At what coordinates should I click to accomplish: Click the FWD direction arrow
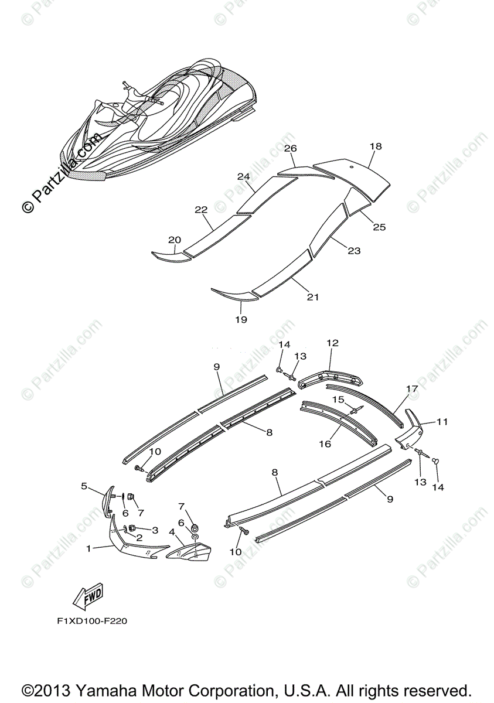[x=87, y=596]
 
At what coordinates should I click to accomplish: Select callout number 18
[x=376, y=146]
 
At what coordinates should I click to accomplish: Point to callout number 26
[x=291, y=148]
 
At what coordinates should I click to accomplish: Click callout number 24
[x=244, y=176]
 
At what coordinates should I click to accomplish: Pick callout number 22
[x=201, y=209]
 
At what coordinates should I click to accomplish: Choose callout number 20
[x=175, y=240]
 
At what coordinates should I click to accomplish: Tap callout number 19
[x=241, y=320]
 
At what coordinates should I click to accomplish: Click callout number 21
[x=313, y=297]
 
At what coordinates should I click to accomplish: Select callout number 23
[x=354, y=251]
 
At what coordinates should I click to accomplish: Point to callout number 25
[x=379, y=227]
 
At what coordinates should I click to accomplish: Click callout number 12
[x=333, y=343]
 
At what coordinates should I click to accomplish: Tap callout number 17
[x=412, y=388]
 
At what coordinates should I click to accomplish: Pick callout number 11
[x=441, y=421]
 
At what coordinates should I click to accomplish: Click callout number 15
[x=339, y=399]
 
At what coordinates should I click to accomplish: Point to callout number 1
[x=88, y=549]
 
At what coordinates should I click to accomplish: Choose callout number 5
[x=84, y=486]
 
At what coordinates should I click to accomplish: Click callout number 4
[x=172, y=532]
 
